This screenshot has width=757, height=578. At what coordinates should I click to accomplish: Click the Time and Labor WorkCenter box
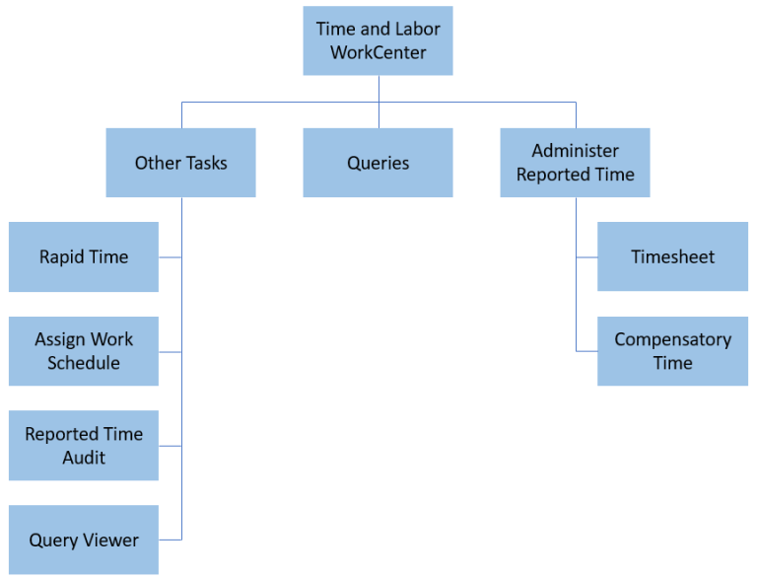(x=378, y=40)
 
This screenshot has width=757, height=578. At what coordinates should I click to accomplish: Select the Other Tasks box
(x=180, y=163)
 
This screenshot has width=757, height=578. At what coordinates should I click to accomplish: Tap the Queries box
(x=378, y=163)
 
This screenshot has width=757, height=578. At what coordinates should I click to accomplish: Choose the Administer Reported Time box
(x=575, y=163)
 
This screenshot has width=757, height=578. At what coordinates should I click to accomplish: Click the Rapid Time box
(x=84, y=256)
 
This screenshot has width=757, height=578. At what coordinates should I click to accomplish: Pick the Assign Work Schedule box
(x=84, y=351)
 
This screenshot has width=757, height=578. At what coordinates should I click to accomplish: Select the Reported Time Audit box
(x=84, y=446)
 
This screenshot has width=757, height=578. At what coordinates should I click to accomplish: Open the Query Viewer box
(x=84, y=540)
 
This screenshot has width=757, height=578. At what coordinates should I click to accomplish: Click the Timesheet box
(x=672, y=256)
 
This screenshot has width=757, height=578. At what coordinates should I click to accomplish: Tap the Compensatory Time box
(x=672, y=351)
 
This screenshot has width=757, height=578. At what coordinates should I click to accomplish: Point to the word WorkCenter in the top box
(x=378, y=53)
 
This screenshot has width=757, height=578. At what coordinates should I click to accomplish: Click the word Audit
(x=84, y=458)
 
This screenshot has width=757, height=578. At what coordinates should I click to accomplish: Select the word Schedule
(x=84, y=363)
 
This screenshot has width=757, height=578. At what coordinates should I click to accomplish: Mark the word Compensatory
(x=672, y=339)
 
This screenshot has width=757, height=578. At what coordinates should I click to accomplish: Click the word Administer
(x=576, y=151)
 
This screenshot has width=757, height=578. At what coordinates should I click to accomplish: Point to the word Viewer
(x=109, y=540)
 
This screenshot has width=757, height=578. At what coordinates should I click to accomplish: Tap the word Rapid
(x=59, y=256)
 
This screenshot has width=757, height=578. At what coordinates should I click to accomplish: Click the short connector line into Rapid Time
(x=170, y=257)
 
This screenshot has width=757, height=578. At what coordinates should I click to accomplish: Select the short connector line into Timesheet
(x=586, y=257)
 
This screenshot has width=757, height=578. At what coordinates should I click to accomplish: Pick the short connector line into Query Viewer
(x=170, y=540)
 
